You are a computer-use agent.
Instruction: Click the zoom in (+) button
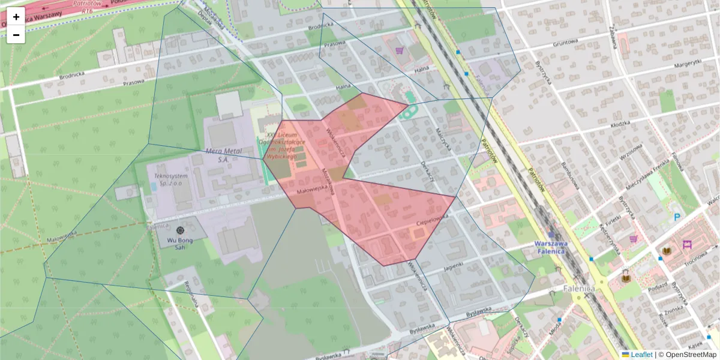[16, 17]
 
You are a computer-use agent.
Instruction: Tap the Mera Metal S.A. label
[223, 155]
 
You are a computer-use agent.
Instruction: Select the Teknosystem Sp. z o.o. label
[172, 179]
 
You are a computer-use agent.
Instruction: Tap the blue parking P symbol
[677, 217]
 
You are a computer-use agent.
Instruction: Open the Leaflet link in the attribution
[641, 355]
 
